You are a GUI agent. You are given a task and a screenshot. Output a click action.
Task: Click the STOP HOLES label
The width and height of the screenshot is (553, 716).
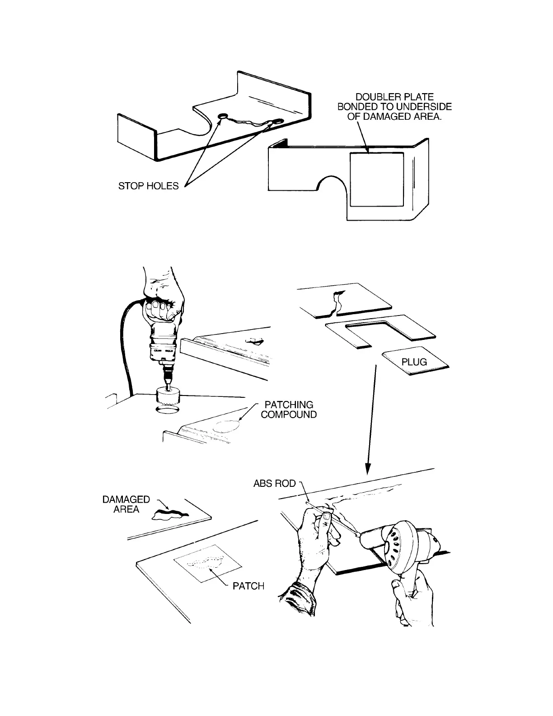coord(148,186)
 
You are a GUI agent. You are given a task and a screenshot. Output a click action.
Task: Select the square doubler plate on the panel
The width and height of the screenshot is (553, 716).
coord(377,179)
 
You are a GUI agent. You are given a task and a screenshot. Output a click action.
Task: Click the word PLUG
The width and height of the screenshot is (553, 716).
coord(414,362)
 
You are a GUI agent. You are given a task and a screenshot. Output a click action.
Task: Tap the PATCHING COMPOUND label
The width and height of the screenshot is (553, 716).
coord(289,410)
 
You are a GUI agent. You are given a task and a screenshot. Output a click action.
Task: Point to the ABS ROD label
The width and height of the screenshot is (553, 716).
coord(274,484)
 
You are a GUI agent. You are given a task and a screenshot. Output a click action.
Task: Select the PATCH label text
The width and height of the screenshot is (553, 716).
coord(248,586)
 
